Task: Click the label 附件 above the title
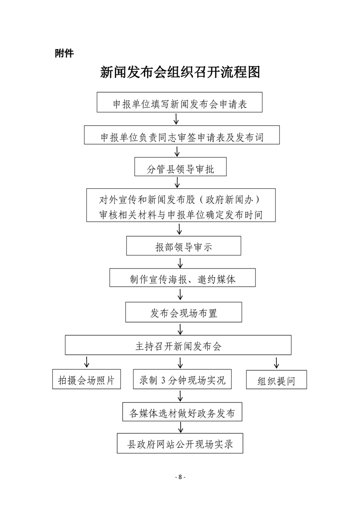click(x=64, y=54)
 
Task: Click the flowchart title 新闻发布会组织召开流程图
click(x=180, y=72)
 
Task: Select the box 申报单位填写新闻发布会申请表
click(x=180, y=103)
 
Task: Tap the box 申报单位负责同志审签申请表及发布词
click(x=182, y=136)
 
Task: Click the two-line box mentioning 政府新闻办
click(x=181, y=205)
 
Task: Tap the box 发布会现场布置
click(x=183, y=312)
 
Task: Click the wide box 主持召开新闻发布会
click(x=178, y=346)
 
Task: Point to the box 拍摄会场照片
click(x=86, y=380)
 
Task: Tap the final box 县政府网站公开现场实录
click(x=180, y=443)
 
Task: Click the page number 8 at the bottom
click(x=180, y=477)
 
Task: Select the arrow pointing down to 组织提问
click(x=276, y=362)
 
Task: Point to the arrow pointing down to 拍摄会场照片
click(x=86, y=362)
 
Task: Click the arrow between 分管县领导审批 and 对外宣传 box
click(x=178, y=182)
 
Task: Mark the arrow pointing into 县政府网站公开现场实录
click(x=181, y=428)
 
